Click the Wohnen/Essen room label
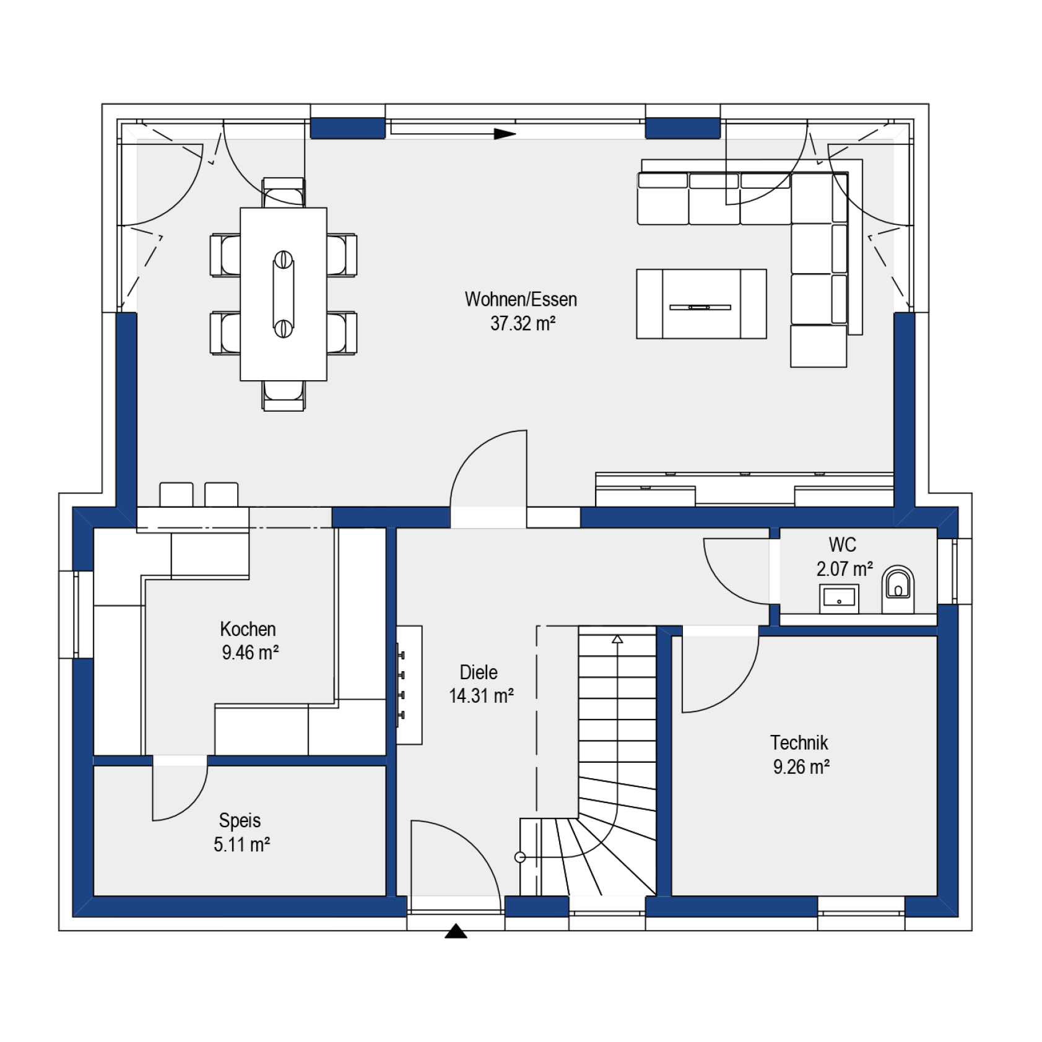pyautogui.click(x=521, y=300)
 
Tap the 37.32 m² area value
pyautogui.click(x=523, y=323)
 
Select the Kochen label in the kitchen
pyautogui.click(x=248, y=629)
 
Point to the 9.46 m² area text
pyautogui.click(x=250, y=653)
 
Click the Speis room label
pyautogui.click(x=240, y=821)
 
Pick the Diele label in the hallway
pyautogui.click(x=479, y=672)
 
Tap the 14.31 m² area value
pyautogui.click(x=481, y=696)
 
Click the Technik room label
pyautogui.click(x=799, y=743)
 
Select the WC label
pyautogui.click(x=842, y=545)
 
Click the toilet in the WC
pyautogui.click(x=898, y=589)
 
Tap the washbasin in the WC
pyautogui.click(x=839, y=598)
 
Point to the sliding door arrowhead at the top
pyautogui.click(x=505, y=133)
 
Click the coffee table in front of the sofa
pyautogui.click(x=701, y=304)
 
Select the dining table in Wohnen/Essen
pyautogui.click(x=284, y=294)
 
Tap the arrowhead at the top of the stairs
pyautogui.click(x=617, y=639)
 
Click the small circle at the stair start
pyautogui.click(x=520, y=857)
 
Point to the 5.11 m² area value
pyautogui.click(x=242, y=844)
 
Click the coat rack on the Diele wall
pyautogui.click(x=409, y=685)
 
